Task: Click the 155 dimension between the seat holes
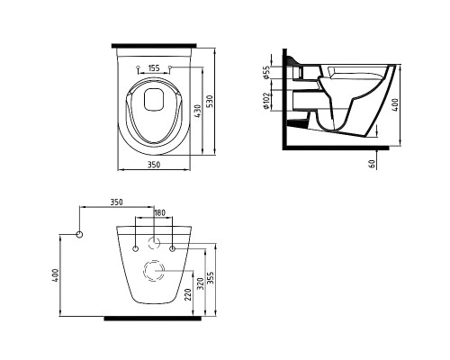(x=154, y=68)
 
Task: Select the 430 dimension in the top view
(x=198, y=111)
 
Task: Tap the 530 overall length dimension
(x=210, y=102)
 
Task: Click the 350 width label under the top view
(x=154, y=165)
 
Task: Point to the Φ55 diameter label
(x=266, y=72)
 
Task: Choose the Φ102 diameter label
(x=266, y=101)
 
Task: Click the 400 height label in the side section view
(x=395, y=105)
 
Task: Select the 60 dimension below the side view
(x=372, y=164)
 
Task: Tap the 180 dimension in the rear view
(x=159, y=212)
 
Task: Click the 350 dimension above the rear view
(x=116, y=202)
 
